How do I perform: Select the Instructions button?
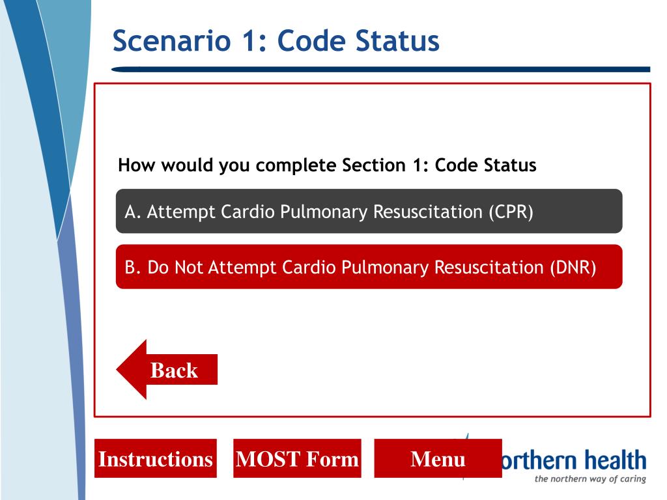pyautogui.click(x=155, y=459)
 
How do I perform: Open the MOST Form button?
pyautogui.click(x=297, y=459)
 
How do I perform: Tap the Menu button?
pyautogui.click(x=438, y=459)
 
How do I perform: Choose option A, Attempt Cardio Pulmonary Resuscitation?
pyautogui.click(x=369, y=212)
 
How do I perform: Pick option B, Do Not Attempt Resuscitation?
pyautogui.click(x=369, y=267)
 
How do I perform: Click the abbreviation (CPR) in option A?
pyautogui.click(x=511, y=212)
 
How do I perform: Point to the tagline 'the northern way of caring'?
pyautogui.click(x=590, y=480)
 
